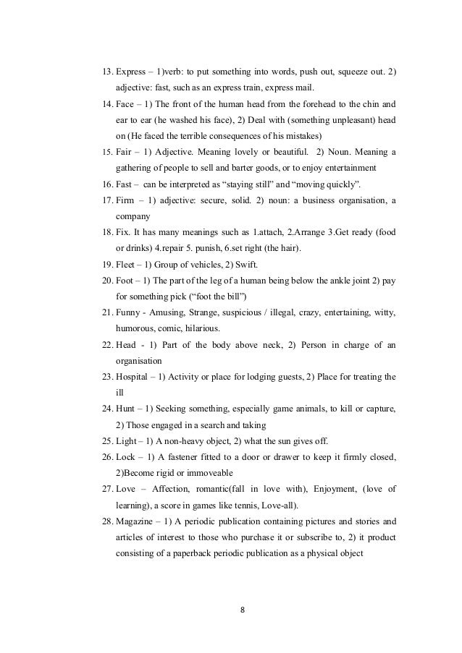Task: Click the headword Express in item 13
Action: point(133,73)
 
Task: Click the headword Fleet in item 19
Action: point(127,264)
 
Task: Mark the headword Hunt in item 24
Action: point(126,409)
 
